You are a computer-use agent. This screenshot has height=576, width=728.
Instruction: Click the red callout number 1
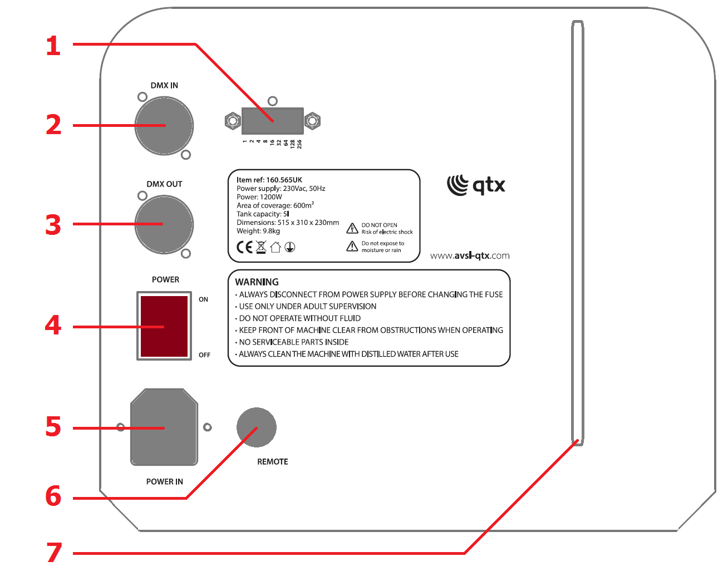tap(53, 46)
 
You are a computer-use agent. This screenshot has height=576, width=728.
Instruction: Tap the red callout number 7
tap(54, 553)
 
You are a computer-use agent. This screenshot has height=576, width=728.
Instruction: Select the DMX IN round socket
tap(164, 126)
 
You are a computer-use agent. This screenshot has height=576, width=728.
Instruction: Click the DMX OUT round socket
tap(164, 224)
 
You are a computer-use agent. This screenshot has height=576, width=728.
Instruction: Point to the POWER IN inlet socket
tap(164, 427)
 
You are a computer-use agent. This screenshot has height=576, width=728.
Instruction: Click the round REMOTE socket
tap(257, 427)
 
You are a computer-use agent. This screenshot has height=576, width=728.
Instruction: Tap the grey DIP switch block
tap(272, 121)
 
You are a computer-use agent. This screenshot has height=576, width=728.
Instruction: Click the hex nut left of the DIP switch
tap(233, 121)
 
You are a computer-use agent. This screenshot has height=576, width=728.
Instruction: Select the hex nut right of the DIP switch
tap(313, 121)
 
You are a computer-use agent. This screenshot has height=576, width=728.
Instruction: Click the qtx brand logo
tap(476, 185)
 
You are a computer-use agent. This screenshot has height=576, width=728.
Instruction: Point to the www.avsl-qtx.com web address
tap(470, 255)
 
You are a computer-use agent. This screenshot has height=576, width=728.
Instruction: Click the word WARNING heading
tap(257, 282)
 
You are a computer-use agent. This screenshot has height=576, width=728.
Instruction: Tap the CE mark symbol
tap(244, 247)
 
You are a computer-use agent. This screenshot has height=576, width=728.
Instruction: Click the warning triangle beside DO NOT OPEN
tap(352, 228)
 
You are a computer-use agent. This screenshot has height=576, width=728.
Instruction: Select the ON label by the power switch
tap(204, 299)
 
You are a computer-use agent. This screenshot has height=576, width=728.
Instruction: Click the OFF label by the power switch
tap(204, 355)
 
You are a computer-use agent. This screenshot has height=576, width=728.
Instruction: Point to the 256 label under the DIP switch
tap(299, 144)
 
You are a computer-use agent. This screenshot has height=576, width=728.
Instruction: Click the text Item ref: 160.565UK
tap(269, 180)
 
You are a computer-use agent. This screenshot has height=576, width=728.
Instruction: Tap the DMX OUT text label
tap(164, 184)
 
